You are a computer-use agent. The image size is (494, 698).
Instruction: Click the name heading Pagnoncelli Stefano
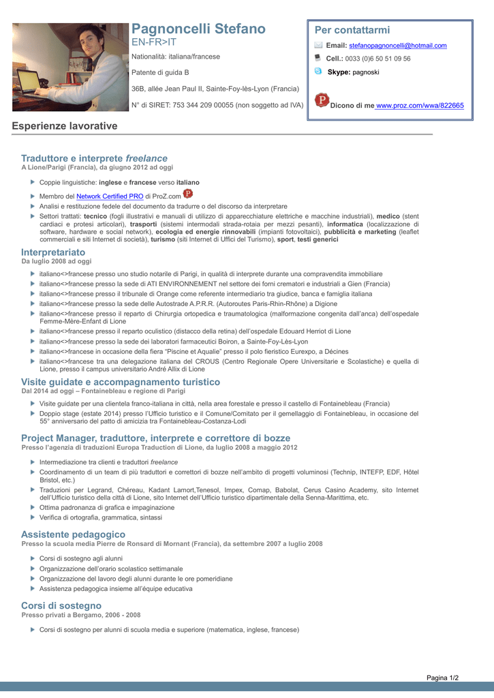pos(198,29)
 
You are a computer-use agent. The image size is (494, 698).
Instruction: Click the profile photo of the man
pos(70,67)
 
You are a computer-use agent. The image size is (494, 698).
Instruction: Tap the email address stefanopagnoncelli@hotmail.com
pos(398,46)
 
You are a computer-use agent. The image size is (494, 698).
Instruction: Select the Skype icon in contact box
pos(318,71)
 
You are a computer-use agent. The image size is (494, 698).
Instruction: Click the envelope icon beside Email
pos(318,45)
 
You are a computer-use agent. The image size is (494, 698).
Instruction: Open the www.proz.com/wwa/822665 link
pos(420,106)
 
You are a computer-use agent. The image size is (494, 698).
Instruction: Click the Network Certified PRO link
pos(110,196)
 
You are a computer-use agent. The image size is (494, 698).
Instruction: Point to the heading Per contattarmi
pos(352,30)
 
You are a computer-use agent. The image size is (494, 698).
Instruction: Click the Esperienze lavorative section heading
pos(65,126)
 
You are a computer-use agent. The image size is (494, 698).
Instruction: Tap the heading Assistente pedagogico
pos(74,534)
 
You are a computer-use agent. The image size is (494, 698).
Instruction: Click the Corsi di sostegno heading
pos(61,605)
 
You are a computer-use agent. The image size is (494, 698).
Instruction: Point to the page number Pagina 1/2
pos(442,678)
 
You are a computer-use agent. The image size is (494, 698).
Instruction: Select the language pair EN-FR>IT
pos(154,42)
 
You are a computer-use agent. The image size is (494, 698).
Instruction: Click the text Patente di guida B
pos(160,72)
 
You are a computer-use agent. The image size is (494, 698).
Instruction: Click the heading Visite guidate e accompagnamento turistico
pos(121,382)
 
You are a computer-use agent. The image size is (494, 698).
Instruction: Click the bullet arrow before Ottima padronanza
pos(33,506)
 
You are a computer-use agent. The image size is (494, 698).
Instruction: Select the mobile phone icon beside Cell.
pos(318,58)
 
